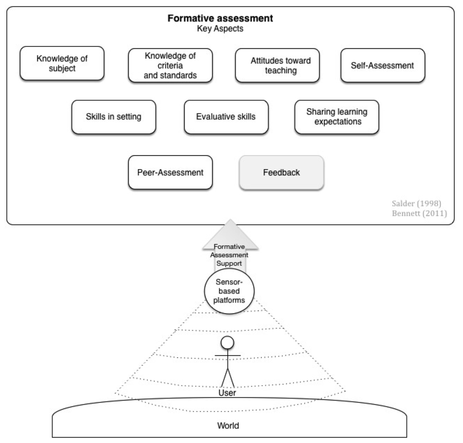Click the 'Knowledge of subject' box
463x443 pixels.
[x=62, y=64]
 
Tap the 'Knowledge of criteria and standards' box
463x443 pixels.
[x=170, y=66]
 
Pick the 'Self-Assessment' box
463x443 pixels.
[x=382, y=66]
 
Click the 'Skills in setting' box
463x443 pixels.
[x=113, y=117]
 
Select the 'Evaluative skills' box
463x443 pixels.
[x=226, y=117]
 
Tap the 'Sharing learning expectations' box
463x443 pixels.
[x=336, y=117]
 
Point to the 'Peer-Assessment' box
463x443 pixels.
[x=170, y=172]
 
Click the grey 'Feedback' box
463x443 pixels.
[x=281, y=172]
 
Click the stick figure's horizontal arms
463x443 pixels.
[x=228, y=356]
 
